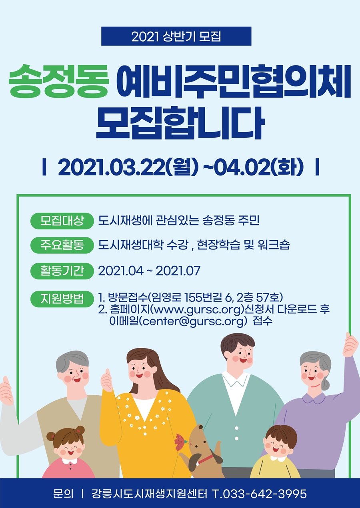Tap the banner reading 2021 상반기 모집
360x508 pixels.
176,36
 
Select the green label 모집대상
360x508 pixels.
62,221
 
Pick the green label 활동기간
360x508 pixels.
62,271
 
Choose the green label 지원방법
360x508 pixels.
62,299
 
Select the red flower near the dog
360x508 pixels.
180,440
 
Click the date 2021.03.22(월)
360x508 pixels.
128,167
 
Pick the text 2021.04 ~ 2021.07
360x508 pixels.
149,271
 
